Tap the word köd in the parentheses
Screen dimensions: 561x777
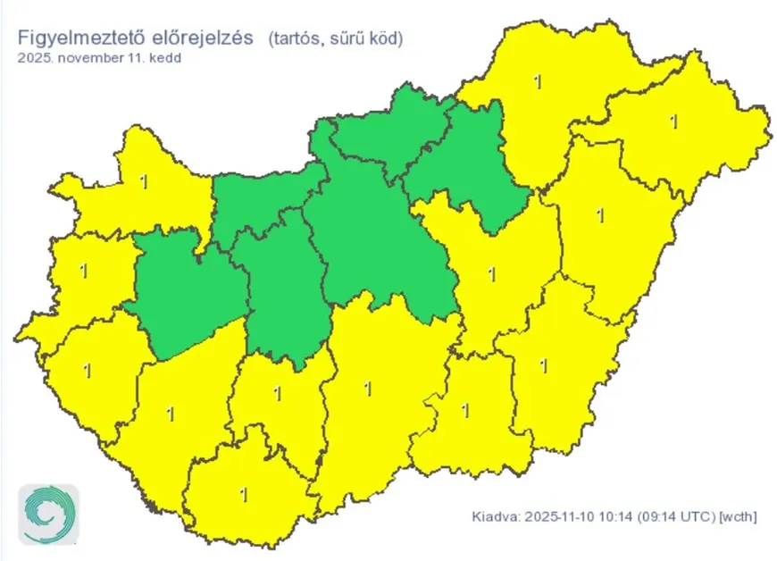[x=385, y=38]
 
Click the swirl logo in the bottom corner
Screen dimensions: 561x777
[x=49, y=515]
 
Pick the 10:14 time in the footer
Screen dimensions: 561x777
[x=607, y=516]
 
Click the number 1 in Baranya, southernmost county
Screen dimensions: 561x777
[x=245, y=492]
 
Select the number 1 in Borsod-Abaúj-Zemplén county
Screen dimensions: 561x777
[x=537, y=82]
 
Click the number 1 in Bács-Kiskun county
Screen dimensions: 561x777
[x=367, y=389]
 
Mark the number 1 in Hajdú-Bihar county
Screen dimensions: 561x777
[x=599, y=215]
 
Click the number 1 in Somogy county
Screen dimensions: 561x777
[x=170, y=413]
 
